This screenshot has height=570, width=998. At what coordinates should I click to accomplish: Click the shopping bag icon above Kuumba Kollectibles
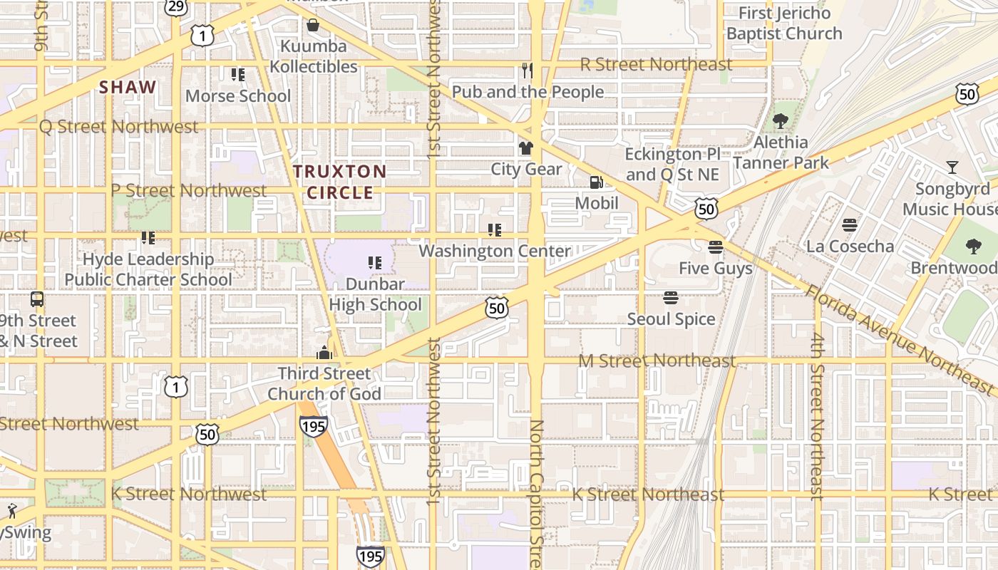click(x=312, y=26)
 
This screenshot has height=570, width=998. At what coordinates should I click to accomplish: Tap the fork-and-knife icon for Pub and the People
click(x=528, y=70)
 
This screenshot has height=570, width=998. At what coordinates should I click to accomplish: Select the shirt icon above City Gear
click(x=526, y=148)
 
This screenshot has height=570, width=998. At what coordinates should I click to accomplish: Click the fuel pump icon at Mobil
click(x=596, y=182)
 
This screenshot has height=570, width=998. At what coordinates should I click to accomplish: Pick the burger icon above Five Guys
click(x=716, y=247)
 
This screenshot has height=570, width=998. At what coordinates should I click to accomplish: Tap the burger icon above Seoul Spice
click(x=670, y=298)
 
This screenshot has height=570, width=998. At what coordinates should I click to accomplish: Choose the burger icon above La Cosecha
click(x=849, y=225)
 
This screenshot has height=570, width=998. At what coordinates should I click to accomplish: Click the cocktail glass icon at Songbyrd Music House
click(x=952, y=167)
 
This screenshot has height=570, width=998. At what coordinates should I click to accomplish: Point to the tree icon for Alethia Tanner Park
click(x=781, y=120)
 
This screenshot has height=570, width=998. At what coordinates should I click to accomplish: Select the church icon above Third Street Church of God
click(x=324, y=353)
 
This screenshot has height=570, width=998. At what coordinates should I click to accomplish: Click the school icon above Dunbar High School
click(x=375, y=263)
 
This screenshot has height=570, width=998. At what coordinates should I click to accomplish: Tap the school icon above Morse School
click(x=238, y=75)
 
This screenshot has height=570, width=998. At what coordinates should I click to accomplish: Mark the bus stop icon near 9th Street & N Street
click(x=37, y=300)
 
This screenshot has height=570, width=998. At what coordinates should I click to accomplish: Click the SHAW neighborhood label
click(x=128, y=88)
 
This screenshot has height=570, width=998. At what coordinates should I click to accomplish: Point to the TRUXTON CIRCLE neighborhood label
click(x=339, y=182)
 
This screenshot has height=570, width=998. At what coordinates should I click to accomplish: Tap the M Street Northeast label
click(x=656, y=361)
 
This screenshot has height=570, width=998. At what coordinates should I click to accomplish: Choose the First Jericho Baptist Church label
click(x=784, y=24)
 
